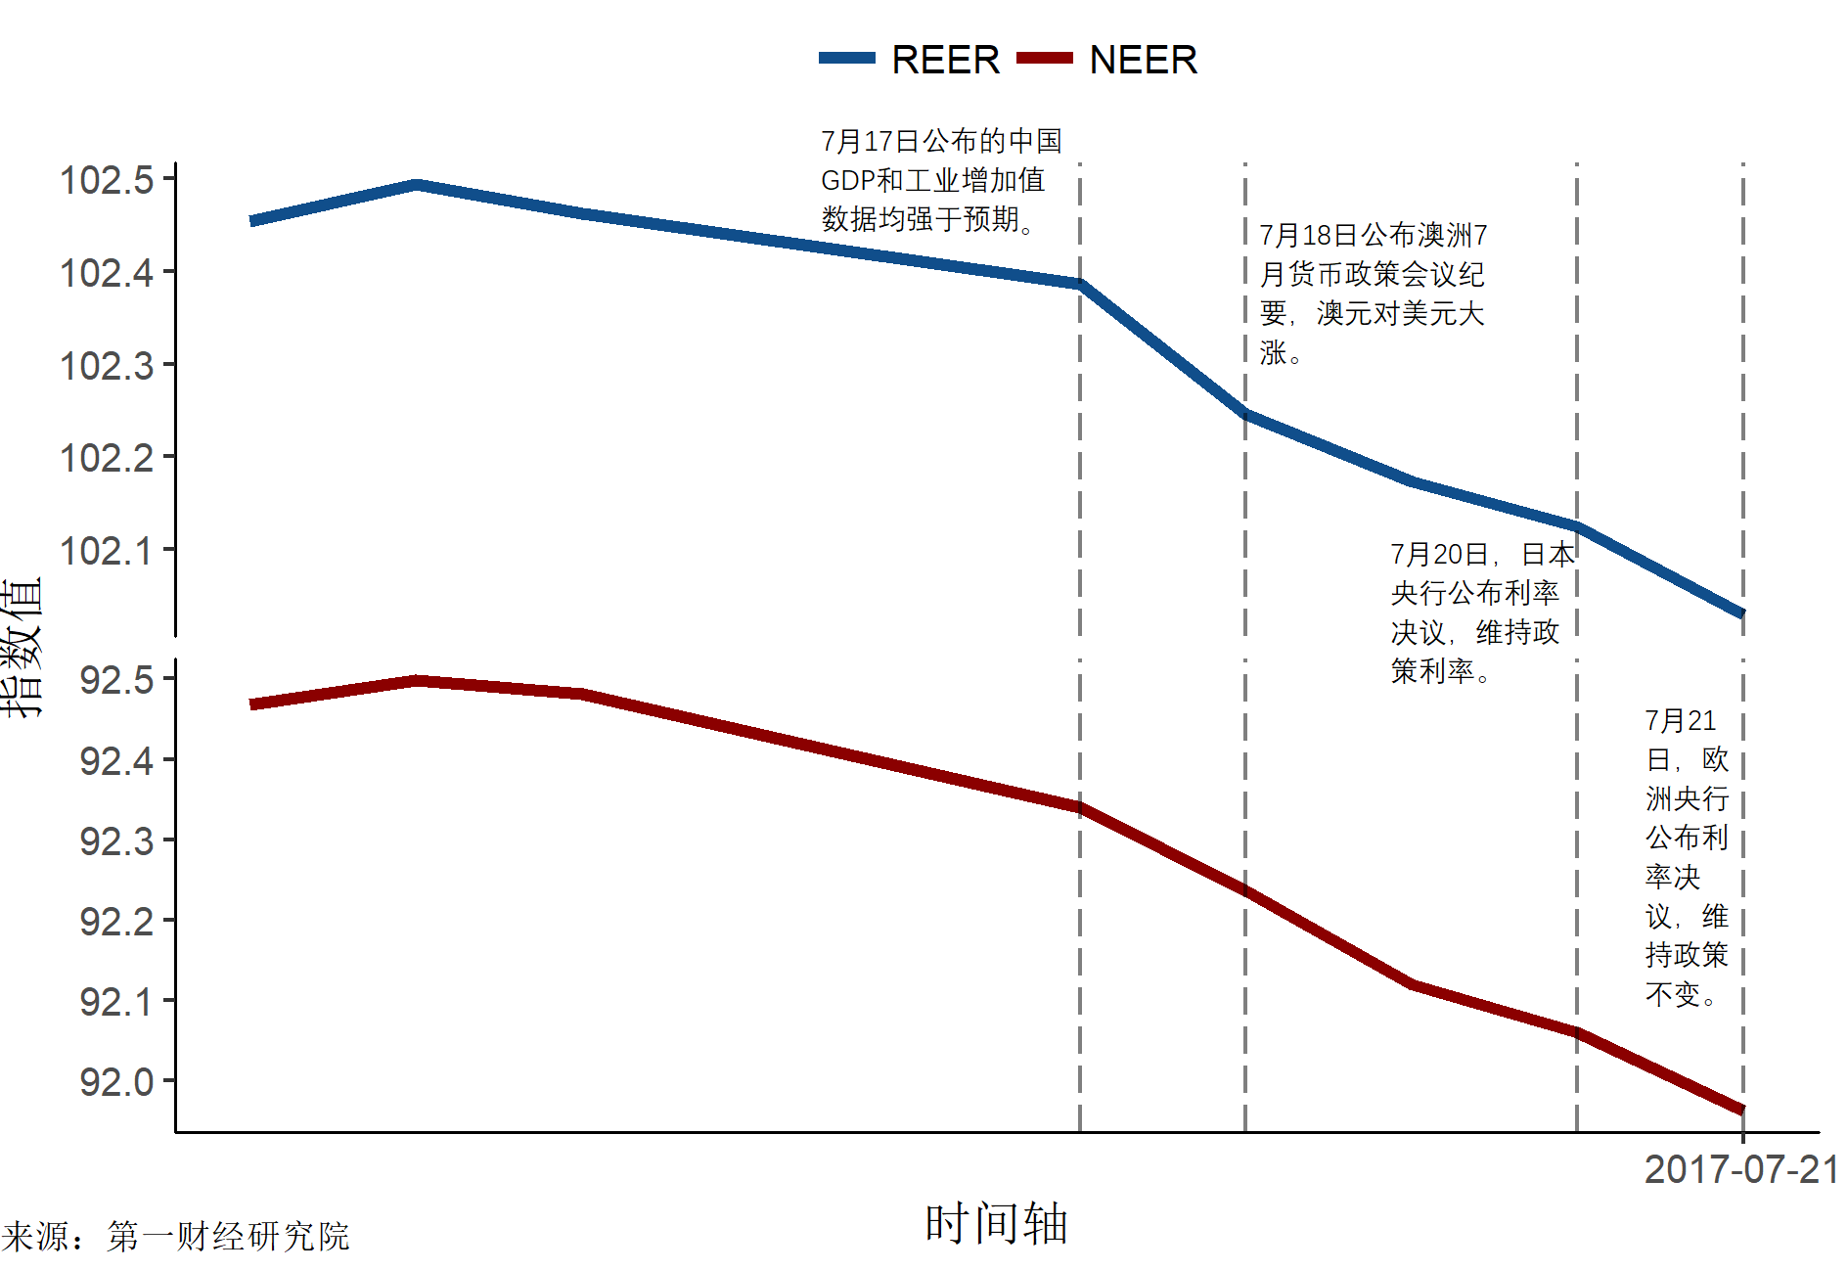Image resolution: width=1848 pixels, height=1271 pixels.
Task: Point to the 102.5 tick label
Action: click(x=107, y=180)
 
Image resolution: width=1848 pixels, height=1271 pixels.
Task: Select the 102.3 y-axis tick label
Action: click(x=107, y=366)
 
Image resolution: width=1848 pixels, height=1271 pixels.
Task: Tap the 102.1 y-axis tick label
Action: click(x=107, y=551)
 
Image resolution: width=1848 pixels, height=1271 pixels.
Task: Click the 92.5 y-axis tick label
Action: click(x=116, y=680)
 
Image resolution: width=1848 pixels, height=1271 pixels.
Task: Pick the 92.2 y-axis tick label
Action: click(x=116, y=921)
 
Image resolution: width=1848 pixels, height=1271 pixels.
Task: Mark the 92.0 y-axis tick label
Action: click(x=116, y=1082)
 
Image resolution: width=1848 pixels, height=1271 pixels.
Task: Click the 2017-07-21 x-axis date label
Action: click(x=1740, y=1169)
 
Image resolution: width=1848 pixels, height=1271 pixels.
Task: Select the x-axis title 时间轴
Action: click(x=996, y=1223)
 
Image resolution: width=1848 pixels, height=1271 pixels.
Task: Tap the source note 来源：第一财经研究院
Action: click(x=176, y=1236)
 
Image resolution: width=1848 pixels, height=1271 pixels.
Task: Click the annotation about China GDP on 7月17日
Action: click(x=940, y=180)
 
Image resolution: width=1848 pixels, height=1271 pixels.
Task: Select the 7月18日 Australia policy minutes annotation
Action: click(x=1372, y=294)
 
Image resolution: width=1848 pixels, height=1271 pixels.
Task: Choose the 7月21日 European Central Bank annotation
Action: click(x=1686, y=857)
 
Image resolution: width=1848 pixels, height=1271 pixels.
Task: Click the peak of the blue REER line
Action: click(x=417, y=184)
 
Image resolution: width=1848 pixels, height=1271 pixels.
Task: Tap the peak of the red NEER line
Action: click(x=417, y=680)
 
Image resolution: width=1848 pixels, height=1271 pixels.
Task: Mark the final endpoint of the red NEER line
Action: click(x=1742, y=1111)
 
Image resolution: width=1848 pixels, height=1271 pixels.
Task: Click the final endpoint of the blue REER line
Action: click(x=1742, y=613)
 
